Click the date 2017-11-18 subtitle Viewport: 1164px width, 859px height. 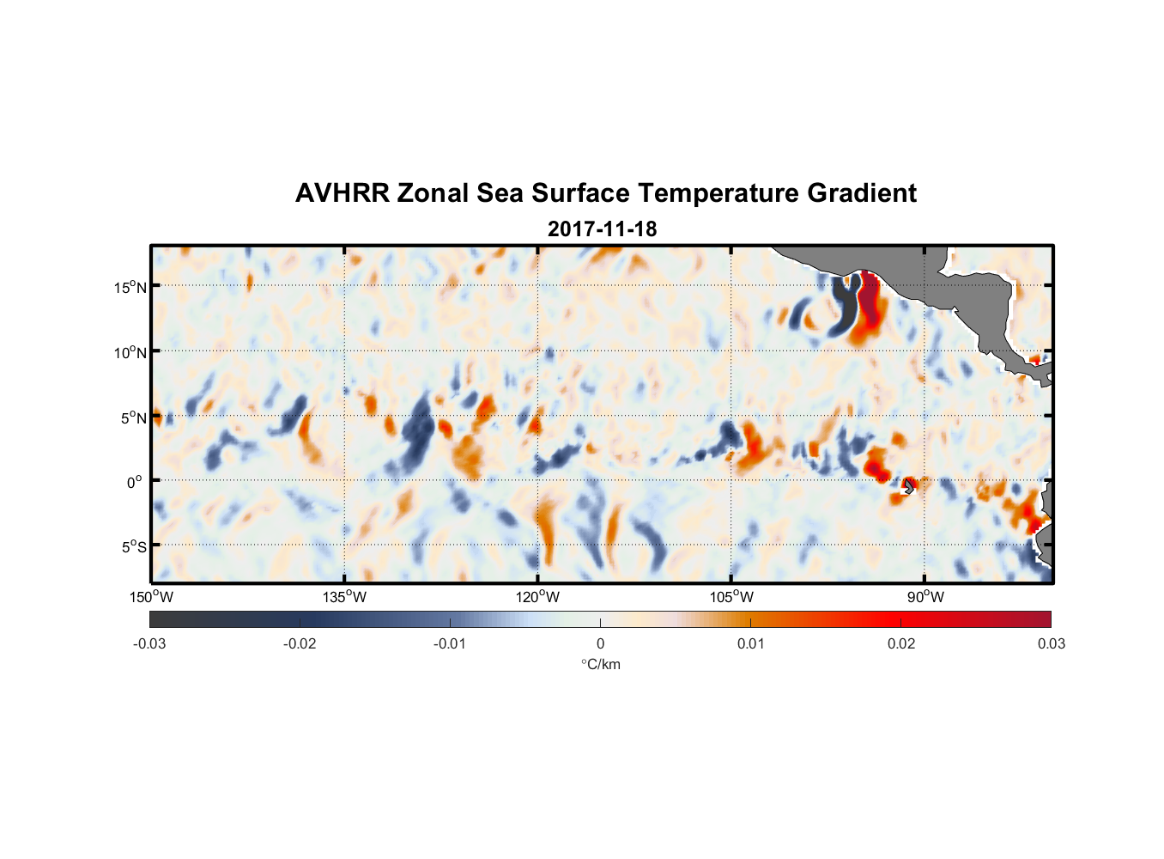(602, 229)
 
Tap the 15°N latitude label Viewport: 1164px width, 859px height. (130, 287)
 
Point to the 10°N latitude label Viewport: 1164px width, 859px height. (130, 352)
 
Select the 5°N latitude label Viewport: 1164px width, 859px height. (133, 417)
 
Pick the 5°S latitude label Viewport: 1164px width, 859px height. (133, 546)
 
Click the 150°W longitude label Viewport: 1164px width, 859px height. (151, 597)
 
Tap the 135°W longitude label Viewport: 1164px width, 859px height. (344, 597)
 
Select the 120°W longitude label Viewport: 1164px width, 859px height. (537, 597)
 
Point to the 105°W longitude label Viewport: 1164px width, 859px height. (731, 597)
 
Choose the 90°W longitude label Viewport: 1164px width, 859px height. (925, 597)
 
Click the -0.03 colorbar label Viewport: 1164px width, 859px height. (149, 643)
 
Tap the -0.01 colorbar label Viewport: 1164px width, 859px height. (449, 643)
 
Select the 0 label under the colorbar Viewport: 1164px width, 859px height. (600, 643)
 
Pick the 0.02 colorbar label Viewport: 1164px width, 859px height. (901, 643)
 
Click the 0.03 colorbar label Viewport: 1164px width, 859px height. (1051, 643)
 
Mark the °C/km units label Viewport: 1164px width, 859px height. (600, 664)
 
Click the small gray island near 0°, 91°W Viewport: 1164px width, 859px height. (909, 486)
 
